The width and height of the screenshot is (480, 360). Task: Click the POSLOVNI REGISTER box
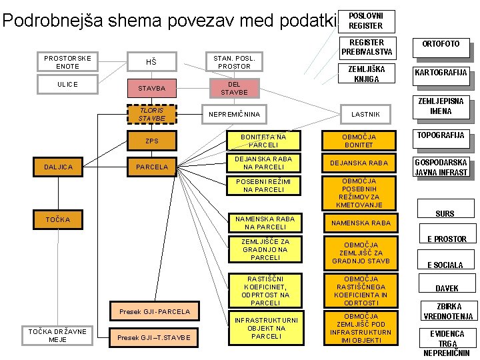coord(366,21)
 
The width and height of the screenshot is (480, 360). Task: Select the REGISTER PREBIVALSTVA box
coord(366,47)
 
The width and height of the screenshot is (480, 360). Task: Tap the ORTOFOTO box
coord(440,44)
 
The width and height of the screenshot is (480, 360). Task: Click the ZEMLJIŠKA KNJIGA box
coord(366,74)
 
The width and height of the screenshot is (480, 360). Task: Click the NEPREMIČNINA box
coord(235,115)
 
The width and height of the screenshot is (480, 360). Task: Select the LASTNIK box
coord(366,115)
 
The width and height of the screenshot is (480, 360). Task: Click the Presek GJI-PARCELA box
coord(155,311)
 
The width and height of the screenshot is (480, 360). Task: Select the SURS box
coord(445,213)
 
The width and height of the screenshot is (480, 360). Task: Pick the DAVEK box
coord(446,289)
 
